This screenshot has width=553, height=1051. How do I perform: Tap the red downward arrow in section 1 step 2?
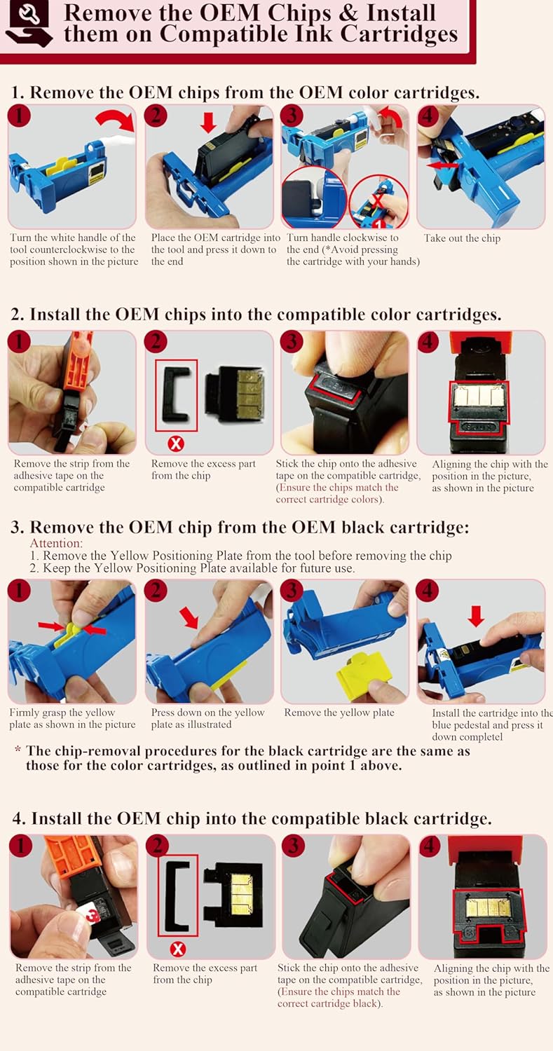point(208,122)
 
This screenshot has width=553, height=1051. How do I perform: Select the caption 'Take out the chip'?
point(462,238)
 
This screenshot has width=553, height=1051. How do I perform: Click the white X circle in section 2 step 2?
point(176,444)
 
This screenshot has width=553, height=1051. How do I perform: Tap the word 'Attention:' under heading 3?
point(56,543)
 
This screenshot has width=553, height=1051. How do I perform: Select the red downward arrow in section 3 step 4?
point(476,616)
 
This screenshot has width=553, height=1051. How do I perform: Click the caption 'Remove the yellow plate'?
point(339,713)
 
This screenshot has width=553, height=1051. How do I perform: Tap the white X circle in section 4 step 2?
point(177,949)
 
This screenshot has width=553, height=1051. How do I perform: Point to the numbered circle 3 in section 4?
point(294,846)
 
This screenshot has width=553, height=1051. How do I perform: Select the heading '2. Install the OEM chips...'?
point(256,314)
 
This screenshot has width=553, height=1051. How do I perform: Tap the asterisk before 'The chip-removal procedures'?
point(18,749)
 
